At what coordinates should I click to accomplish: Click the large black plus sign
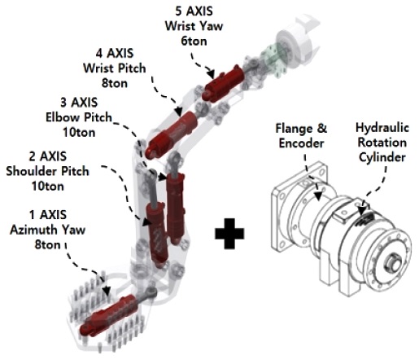point(229,234)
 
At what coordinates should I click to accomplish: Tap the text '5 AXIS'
point(194,11)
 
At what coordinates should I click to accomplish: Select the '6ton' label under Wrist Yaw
point(194,41)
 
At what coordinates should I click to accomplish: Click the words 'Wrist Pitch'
point(115,68)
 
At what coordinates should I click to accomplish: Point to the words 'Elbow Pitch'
point(79,117)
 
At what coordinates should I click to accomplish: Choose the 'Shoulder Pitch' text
point(47,171)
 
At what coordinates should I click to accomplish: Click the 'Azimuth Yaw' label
point(48,230)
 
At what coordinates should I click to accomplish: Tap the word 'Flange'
point(293,128)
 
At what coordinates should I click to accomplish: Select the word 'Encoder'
point(301,143)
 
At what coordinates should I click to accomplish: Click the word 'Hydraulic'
point(382,128)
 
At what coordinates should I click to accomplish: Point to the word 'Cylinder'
point(382,157)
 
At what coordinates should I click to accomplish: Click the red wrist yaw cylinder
point(223,84)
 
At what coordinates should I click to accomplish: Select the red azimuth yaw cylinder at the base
point(111,316)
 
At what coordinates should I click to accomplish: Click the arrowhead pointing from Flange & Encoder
point(317,195)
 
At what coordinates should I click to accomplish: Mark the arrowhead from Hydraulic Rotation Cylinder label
point(361,210)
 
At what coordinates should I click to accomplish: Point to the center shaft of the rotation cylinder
point(394,262)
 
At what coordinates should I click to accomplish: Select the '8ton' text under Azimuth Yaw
point(48,244)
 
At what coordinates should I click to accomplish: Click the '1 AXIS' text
point(48,215)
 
